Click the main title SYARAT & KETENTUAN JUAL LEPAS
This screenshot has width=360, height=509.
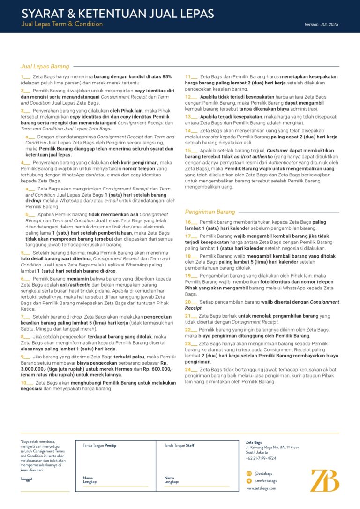coord(118,13)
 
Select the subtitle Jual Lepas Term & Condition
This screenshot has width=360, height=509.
coord(62,24)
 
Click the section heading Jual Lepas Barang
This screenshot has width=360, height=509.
coord(45,66)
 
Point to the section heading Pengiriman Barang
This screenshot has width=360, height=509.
coord(210,212)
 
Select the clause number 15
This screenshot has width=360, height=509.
coord(189,151)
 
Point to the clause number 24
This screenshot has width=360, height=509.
coord(189,369)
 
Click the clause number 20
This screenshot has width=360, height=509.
coord(189,302)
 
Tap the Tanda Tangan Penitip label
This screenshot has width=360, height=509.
coord(99,445)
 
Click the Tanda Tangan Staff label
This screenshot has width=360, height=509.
coord(179,445)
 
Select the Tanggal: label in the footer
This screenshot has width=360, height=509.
coord(27,479)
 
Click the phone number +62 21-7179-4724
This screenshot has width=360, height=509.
coord(261,458)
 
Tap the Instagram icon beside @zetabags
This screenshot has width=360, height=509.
coord(249,473)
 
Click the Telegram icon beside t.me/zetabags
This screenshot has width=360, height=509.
coord(249,481)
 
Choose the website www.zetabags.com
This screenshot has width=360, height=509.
coord(261,488)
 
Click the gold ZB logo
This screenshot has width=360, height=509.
coord(325,480)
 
